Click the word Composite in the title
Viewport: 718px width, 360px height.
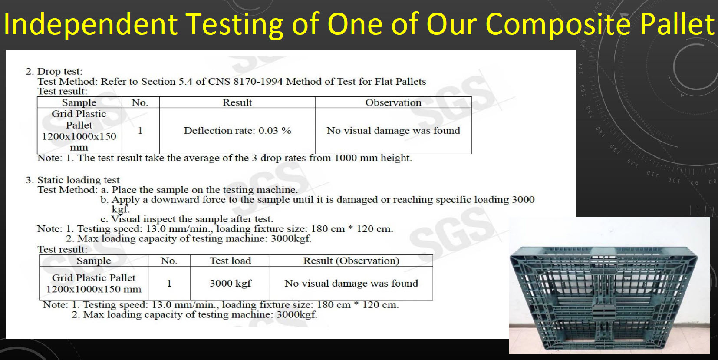[558, 24]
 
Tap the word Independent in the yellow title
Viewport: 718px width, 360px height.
[90, 24]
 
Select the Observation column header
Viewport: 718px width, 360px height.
[393, 102]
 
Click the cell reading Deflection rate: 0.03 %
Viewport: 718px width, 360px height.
[237, 130]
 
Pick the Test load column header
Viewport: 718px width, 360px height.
[230, 261]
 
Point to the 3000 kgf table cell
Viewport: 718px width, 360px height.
[231, 284]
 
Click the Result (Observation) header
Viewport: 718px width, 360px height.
[351, 261]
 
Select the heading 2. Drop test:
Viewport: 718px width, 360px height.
[54, 71]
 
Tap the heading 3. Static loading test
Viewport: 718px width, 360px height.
[73, 180]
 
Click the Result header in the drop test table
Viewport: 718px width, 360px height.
[237, 102]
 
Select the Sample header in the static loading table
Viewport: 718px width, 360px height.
[94, 261]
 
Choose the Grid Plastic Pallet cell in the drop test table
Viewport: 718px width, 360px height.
[79, 130]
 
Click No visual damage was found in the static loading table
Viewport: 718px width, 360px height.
[351, 284]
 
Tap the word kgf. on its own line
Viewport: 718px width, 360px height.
[121, 209]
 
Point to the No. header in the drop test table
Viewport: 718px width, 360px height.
[140, 102]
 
